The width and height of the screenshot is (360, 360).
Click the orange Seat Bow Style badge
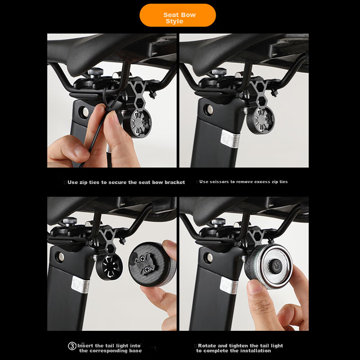[x=177, y=15]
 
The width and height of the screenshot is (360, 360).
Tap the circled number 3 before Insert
[x=72, y=346]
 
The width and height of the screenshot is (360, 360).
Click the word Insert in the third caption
[x=85, y=346]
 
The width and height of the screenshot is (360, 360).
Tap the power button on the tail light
[x=276, y=266]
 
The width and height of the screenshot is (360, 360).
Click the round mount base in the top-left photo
[x=137, y=123]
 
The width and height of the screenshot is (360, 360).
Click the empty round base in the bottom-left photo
[x=109, y=267]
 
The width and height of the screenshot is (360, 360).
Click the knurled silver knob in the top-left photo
[x=95, y=72]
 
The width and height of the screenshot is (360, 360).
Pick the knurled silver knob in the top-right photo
[x=219, y=72]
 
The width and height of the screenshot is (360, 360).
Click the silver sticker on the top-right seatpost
[x=230, y=139]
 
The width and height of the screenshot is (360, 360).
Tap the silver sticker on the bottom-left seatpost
[x=80, y=285]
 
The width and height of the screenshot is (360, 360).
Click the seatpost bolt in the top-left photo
[x=84, y=112]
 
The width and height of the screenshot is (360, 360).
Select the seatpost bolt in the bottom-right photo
[x=208, y=257]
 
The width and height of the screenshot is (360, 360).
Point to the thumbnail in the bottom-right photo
[x=255, y=286]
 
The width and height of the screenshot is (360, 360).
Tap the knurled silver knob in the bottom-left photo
[x=70, y=221]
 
